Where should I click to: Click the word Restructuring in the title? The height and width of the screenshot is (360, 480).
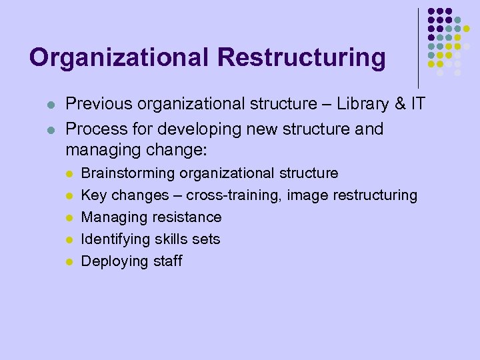pyautogui.click(x=301, y=57)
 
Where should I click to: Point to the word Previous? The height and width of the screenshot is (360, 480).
pyautogui.click(x=96, y=104)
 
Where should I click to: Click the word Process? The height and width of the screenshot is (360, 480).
pyautogui.click(x=95, y=129)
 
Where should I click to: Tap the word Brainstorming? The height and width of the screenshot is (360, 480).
pyautogui.click(x=128, y=173)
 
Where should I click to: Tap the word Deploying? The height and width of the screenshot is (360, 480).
pyautogui.click(x=110, y=261)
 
